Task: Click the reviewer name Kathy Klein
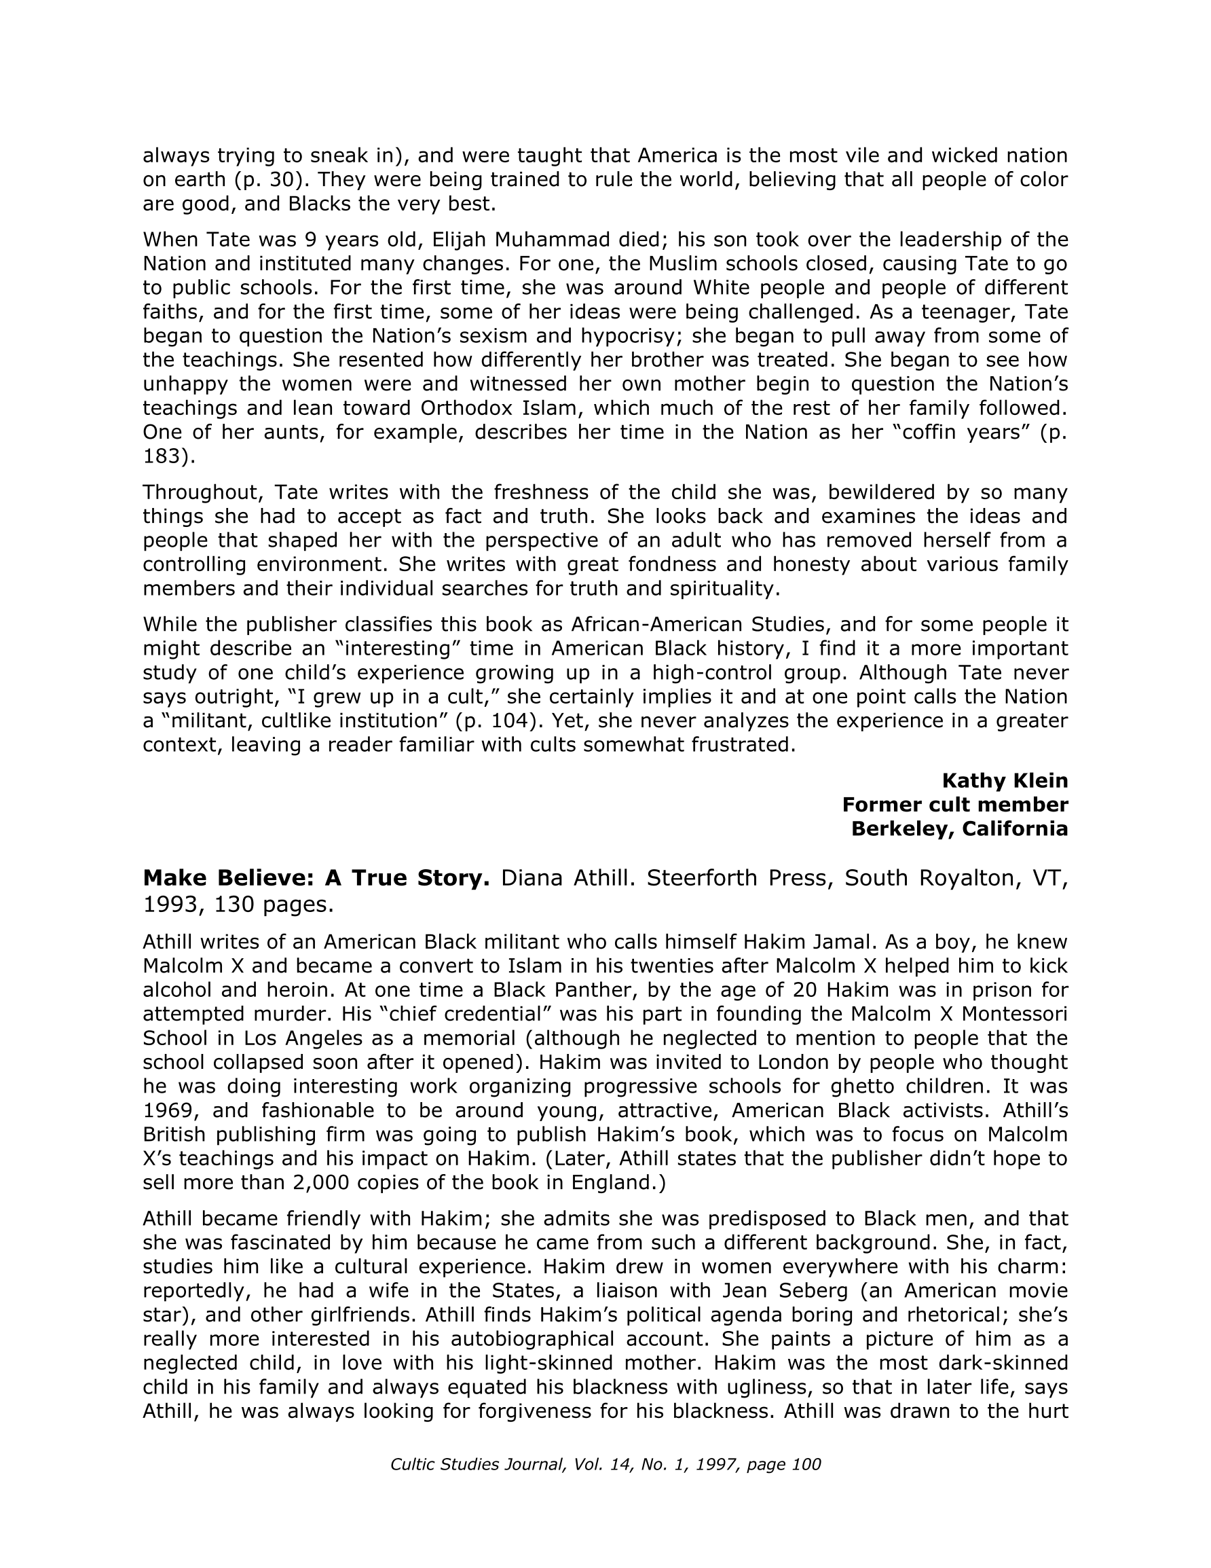click(x=1004, y=780)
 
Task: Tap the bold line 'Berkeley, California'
click(x=959, y=829)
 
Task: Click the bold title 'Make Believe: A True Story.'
click(x=316, y=878)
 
